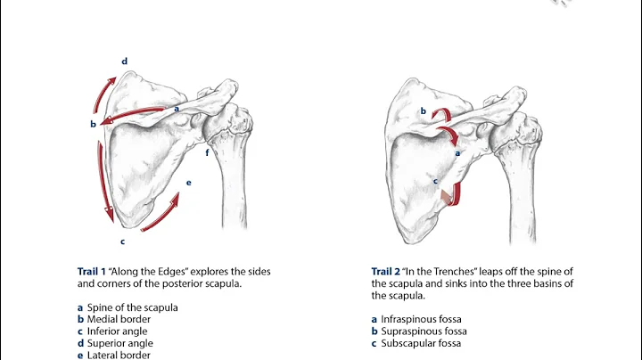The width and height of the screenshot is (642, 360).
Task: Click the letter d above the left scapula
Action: coord(125,61)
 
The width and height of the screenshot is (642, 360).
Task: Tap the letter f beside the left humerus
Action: coord(208,153)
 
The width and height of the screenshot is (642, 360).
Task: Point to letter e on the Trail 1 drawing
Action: coord(188,183)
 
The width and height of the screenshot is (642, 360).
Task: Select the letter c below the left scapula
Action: coord(122,241)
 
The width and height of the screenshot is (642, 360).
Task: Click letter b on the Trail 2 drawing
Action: coord(424,111)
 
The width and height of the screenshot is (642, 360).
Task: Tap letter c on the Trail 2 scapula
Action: coord(435,181)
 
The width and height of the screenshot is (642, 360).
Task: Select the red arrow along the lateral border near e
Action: coord(160,213)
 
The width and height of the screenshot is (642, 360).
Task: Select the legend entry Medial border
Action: coord(119,319)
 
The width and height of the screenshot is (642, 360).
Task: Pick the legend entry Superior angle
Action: coord(121,342)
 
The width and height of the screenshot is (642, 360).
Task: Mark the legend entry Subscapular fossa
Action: coord(417,342)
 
